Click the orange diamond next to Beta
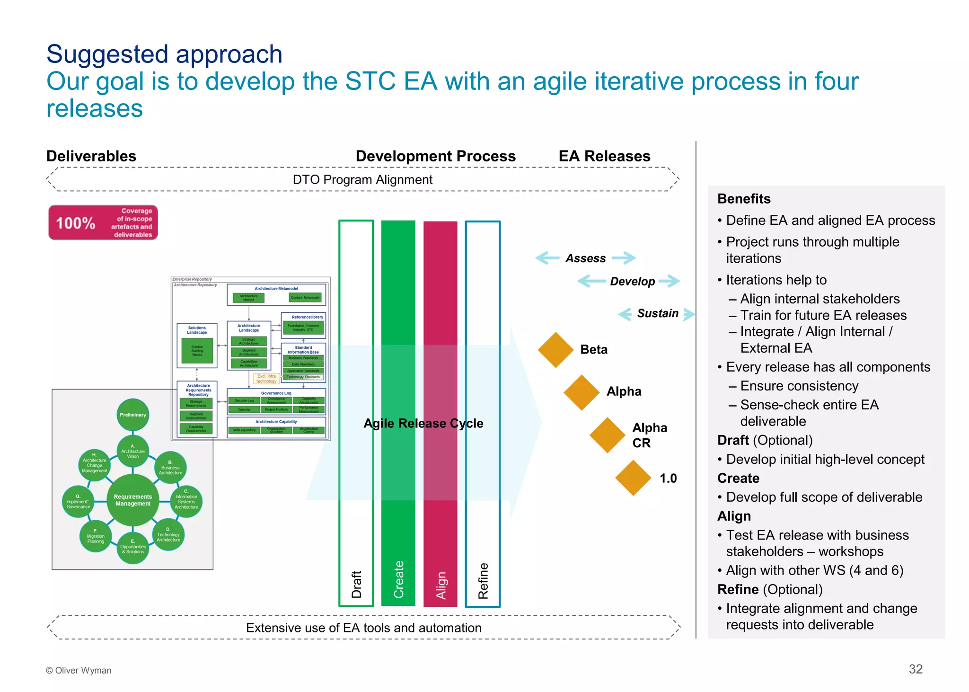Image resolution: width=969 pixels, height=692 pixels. pos(555,350)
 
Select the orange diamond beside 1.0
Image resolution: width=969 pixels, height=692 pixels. pos(633,478)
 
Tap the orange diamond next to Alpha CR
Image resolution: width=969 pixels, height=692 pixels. pos(608,435)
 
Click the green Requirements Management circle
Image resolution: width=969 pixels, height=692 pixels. pos(133,500)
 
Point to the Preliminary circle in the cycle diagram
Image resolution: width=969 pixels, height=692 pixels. pos(133,415)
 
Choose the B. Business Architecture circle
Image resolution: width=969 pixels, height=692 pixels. pos(170,467)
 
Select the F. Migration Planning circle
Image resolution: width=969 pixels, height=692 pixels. pos(96,537)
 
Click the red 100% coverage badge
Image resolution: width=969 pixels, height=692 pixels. pos(103,222)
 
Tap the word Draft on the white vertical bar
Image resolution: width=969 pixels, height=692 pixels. pos(356,584)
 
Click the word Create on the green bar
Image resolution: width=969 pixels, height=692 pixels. pos(398,579)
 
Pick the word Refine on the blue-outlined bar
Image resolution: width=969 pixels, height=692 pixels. pos(483,581)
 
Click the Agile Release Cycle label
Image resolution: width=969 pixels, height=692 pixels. pos(423,423)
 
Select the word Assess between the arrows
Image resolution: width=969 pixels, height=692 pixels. pos(585,258)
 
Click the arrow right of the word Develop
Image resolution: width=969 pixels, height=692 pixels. pos(669,281)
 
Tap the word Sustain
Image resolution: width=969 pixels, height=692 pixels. pos(657,313)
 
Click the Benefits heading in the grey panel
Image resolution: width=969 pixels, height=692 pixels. pos(744,199)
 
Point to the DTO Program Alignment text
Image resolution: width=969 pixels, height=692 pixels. pos(362,180)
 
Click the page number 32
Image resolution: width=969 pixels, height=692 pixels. pos(915,669)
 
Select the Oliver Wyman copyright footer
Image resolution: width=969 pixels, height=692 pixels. pos(79,670)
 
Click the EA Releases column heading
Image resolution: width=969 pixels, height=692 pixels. pos(604,156)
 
